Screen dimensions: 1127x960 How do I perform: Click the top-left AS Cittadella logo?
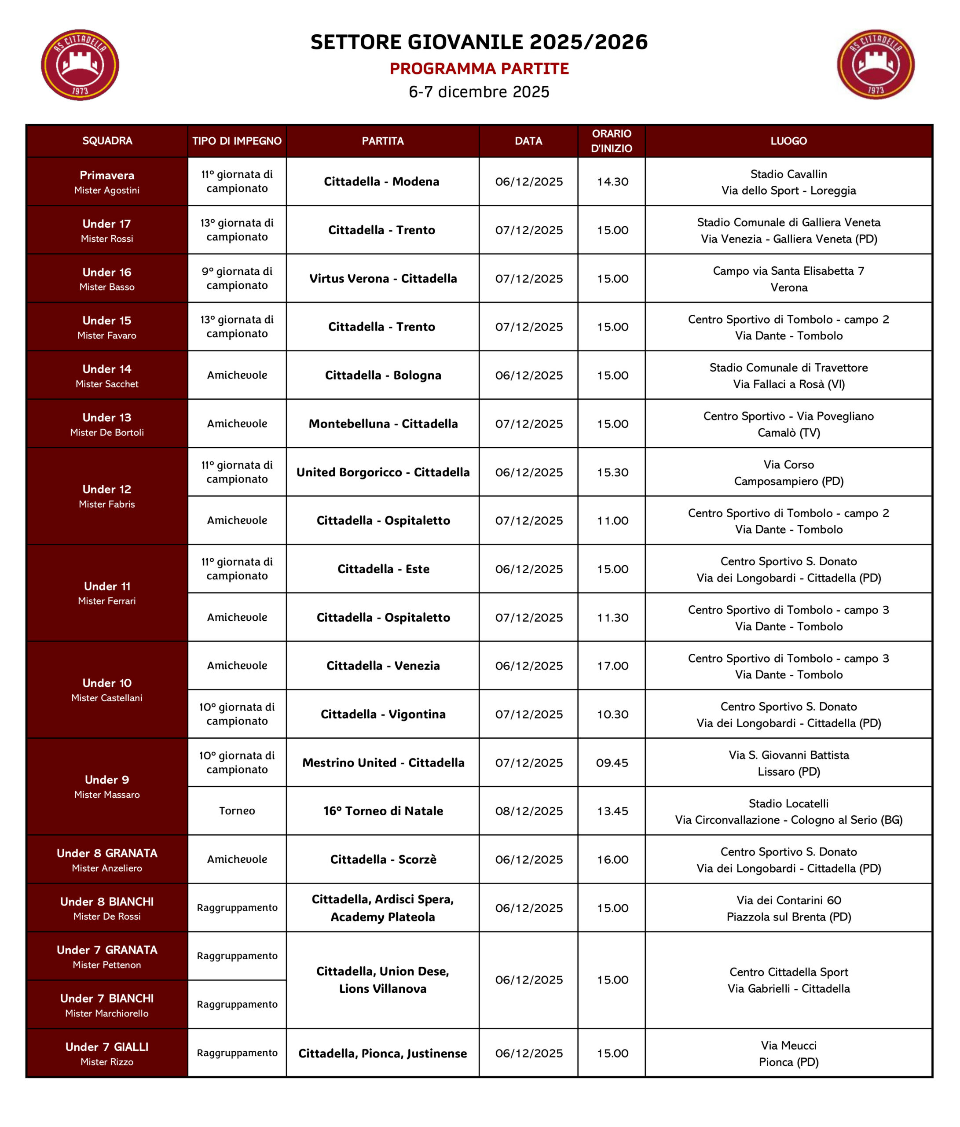tap(80, 65)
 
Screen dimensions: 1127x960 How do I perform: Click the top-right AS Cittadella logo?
tap(875, 64)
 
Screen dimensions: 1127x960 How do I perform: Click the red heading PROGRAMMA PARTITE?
tap(479, 69)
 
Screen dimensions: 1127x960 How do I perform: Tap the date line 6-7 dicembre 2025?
tap(479, 92)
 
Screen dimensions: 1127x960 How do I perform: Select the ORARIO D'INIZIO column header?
tap(611, 141)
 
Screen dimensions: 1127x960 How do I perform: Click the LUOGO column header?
tap(788, 141)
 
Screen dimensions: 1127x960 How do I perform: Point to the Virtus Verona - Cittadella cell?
tap(383, 279)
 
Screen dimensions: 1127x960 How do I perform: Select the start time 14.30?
tap(612, 182)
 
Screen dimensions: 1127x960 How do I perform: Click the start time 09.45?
tap(612, 762)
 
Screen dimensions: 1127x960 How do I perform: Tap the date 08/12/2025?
tap(528, 811)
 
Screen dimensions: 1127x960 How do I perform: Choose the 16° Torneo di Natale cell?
tap(383, 811)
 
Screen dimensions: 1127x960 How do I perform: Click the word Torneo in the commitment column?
tap(237, 811)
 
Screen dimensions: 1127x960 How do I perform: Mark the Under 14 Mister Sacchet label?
tap(106, 376)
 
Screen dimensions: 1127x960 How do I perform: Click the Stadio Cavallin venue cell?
tap(788, 182)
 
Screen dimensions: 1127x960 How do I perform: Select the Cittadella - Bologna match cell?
tap(383, 376)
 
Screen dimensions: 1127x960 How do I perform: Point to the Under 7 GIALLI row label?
tap(106, 1053)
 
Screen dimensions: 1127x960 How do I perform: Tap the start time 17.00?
tap(612, 666)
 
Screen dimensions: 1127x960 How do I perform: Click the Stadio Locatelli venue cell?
tap(788, 811)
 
